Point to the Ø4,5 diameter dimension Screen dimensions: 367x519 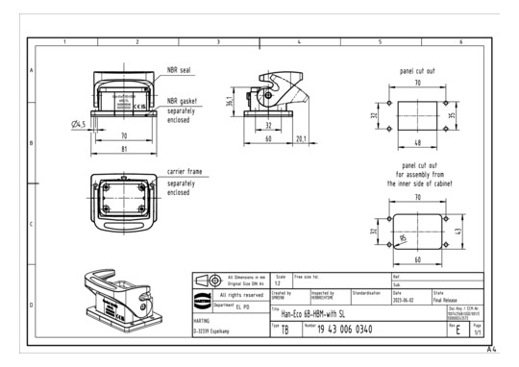pyautogui.click(x=80, y=125)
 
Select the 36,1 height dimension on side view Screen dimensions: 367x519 pyautogui.click(x=229, y=102)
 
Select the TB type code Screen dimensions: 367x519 pyautogui.click(x=284, y=330)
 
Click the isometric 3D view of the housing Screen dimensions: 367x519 pyautogui.click(x=115, y=288)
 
